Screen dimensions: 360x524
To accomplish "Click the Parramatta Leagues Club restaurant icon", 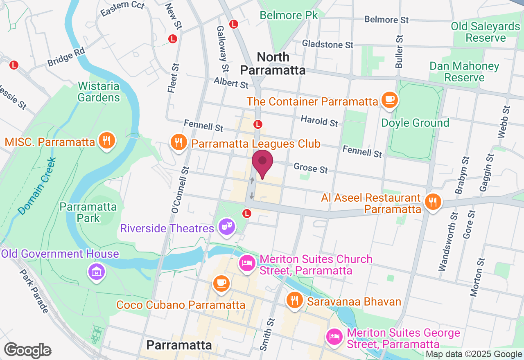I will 178,142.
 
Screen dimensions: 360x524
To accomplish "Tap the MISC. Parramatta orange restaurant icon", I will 107,141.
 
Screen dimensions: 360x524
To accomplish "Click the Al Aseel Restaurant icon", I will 432,202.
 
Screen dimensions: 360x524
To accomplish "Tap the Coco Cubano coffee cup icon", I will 221,283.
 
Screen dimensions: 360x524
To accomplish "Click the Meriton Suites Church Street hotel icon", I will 247,263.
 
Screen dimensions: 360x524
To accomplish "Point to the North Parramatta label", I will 273,63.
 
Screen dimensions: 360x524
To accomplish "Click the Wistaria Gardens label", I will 99,92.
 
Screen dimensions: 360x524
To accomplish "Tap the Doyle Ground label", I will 415,123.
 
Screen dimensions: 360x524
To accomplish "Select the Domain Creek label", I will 37,186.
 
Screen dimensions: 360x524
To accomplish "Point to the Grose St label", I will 311,168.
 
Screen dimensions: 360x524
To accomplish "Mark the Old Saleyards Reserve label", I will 486,32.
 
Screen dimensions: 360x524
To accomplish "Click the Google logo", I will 27,351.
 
